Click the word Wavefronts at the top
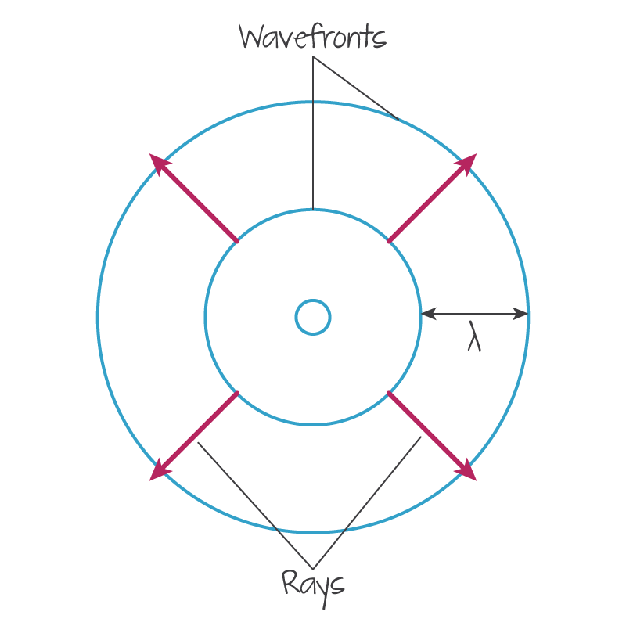[x=312, y=37]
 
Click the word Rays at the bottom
[x=312, y=583]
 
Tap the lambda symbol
[x=473, y=336]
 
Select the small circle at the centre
[x=313, y=317]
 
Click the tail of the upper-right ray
[x=389, y=241]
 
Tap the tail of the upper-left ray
[x=237, y=241]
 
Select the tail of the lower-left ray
[x=237, y=393]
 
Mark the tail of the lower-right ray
[x=389, y=393]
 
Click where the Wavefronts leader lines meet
[x=313, y=57]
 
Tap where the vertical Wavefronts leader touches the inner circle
[x=313, y=210]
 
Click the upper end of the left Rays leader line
[x=198, y=443]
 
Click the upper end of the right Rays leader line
[x=421, y=437]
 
